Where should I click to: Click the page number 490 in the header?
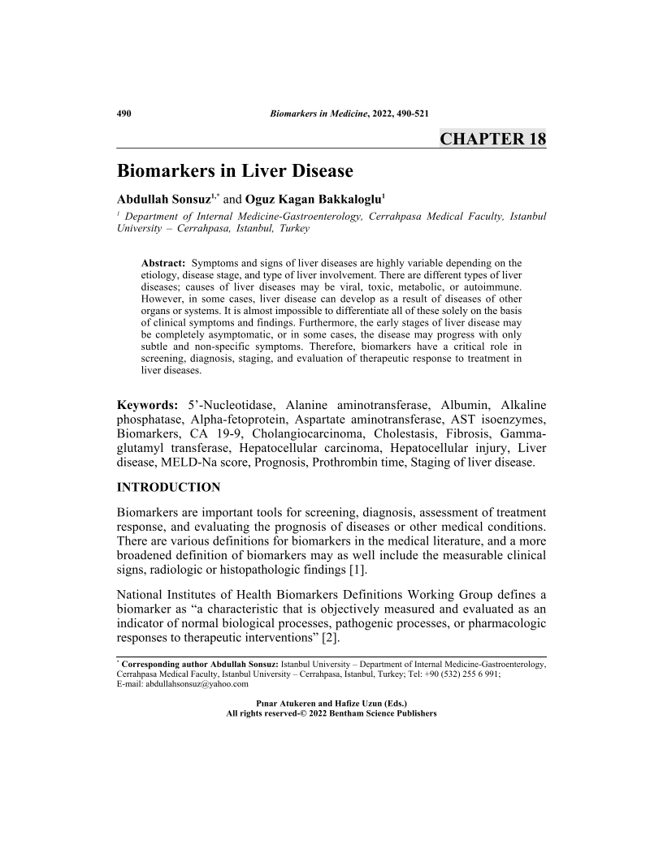pyautogui.click(x=125, y=112)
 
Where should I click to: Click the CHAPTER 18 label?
pyautogui.click(x=492, y=138)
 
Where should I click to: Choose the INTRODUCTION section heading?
pyautogui.click(x=169, y=487)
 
